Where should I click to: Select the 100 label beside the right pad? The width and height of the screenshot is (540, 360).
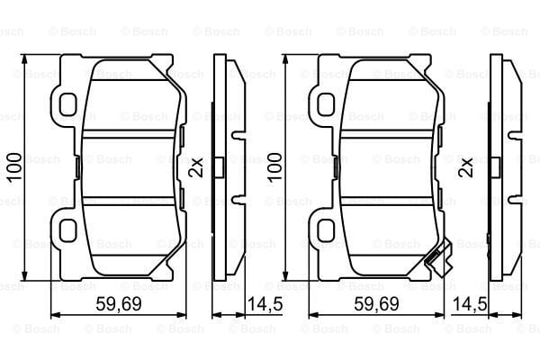click(274, 167)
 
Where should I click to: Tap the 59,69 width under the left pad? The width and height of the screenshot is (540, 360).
click(118, 305)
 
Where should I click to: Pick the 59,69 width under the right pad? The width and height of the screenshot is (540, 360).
click(376, 305)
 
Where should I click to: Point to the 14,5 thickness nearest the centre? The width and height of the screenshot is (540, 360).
click(265, 305)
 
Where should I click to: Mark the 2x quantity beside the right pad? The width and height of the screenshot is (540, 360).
click(466, 166)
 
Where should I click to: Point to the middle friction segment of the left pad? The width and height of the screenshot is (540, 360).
click(130, 166)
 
